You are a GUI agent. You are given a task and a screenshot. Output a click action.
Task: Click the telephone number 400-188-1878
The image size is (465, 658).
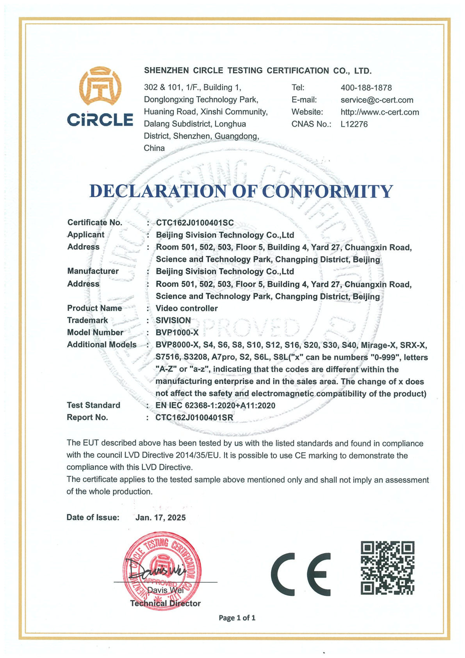point(366,88)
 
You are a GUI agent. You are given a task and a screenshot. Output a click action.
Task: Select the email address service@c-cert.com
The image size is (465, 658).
point(376,100)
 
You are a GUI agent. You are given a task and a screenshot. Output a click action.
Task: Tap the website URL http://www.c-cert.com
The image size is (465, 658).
point(379,112)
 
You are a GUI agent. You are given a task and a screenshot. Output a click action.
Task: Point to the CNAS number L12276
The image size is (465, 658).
point(354,124)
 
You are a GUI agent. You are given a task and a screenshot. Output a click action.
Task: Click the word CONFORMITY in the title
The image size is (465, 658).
point(327,191)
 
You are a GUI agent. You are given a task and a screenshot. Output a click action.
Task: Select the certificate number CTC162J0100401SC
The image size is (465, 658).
point(194,223)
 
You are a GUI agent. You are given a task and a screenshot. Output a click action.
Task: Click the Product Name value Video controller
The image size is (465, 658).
point(186,308)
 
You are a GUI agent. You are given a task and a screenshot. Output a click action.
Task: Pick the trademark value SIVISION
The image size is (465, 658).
point(173,320)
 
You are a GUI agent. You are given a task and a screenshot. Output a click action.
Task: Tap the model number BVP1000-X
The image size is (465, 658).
point(177,332)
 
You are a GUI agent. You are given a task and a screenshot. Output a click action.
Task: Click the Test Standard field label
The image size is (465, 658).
point(93,405)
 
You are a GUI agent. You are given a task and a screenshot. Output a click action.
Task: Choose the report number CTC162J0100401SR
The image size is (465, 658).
point(194,417)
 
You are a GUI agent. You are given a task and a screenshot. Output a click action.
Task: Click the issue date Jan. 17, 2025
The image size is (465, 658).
point(160,517)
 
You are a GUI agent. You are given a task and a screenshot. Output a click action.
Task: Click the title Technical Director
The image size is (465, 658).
point(165,603)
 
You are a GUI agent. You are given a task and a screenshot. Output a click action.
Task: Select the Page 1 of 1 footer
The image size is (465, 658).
point(237,618)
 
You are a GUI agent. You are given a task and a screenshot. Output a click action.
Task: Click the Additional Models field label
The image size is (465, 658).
point(102,344)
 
